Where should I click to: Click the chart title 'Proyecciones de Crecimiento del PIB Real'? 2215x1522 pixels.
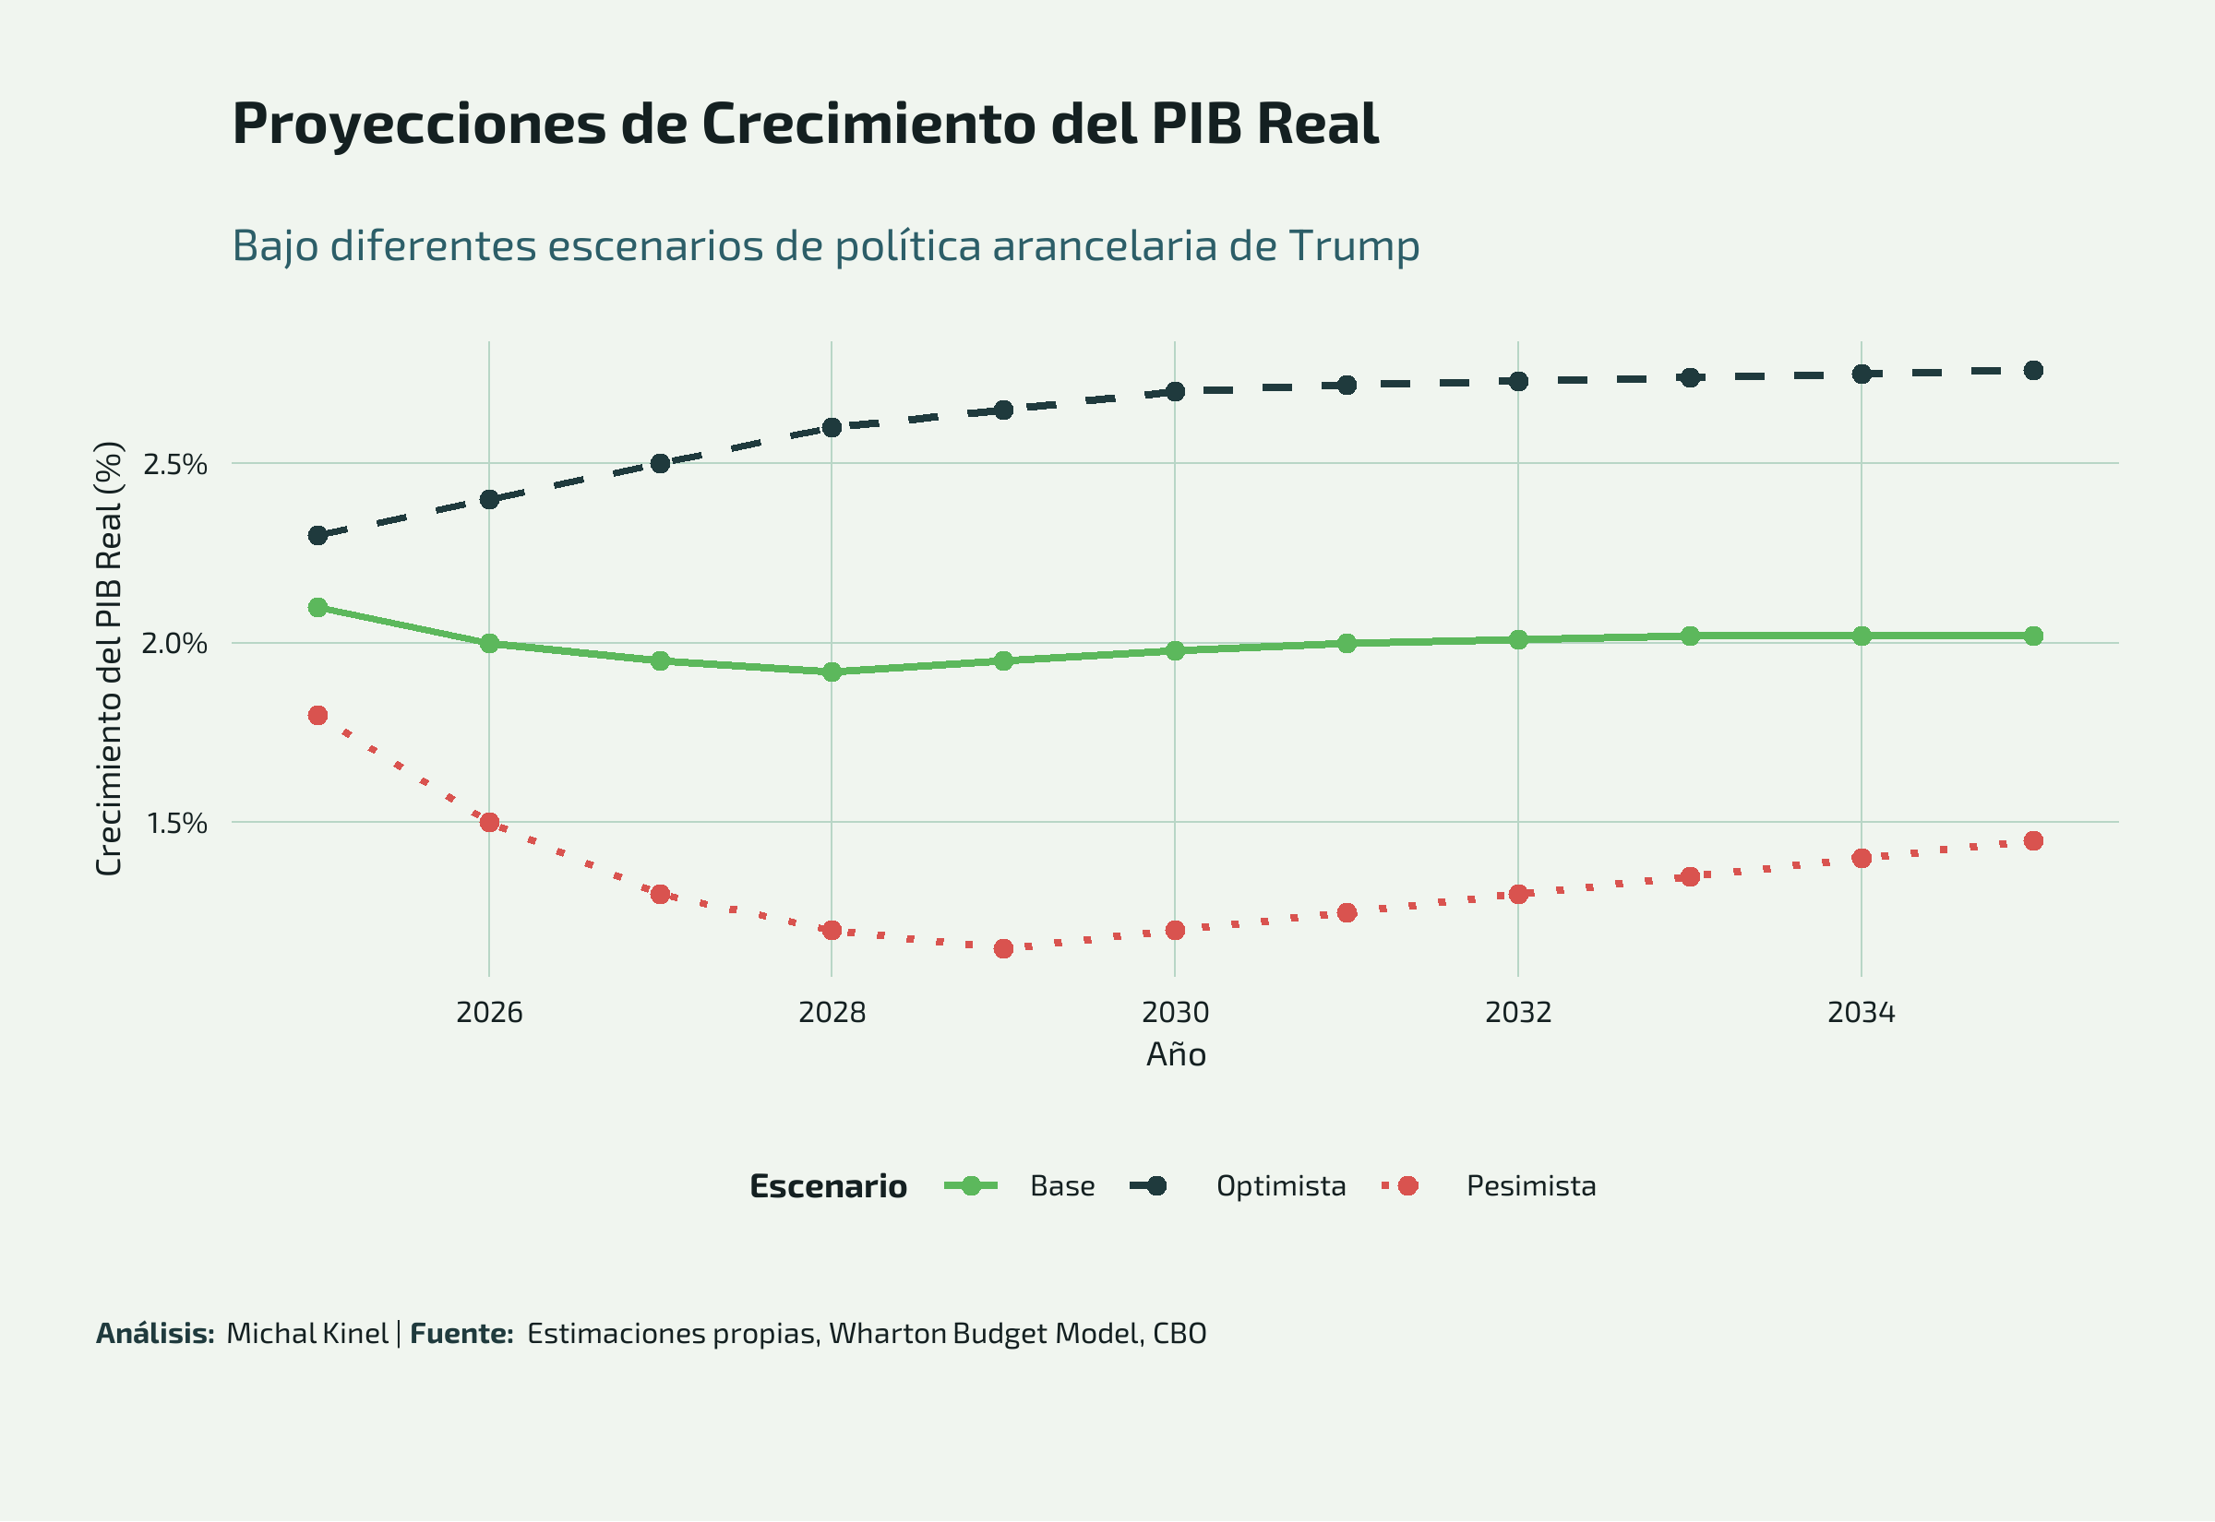805,124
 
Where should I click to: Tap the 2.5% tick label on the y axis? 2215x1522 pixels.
174,464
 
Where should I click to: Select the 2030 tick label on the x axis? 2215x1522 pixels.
1175,1012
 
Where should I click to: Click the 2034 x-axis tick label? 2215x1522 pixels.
1862,1012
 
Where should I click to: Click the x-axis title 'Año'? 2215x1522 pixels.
1175,1054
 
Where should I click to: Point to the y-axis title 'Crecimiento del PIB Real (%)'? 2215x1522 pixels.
110,658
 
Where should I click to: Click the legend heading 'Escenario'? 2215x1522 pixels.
828,1186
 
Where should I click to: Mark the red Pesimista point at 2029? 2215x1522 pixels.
1003,949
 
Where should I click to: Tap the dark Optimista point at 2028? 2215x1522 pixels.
832,427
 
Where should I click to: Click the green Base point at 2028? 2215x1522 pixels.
832,672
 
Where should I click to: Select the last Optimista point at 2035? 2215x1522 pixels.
2033,370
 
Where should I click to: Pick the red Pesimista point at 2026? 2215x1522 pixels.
489,822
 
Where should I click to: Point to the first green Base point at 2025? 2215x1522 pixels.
317,608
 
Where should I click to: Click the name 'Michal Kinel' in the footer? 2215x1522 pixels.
307,1333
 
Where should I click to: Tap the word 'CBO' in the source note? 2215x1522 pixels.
1179,1333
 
